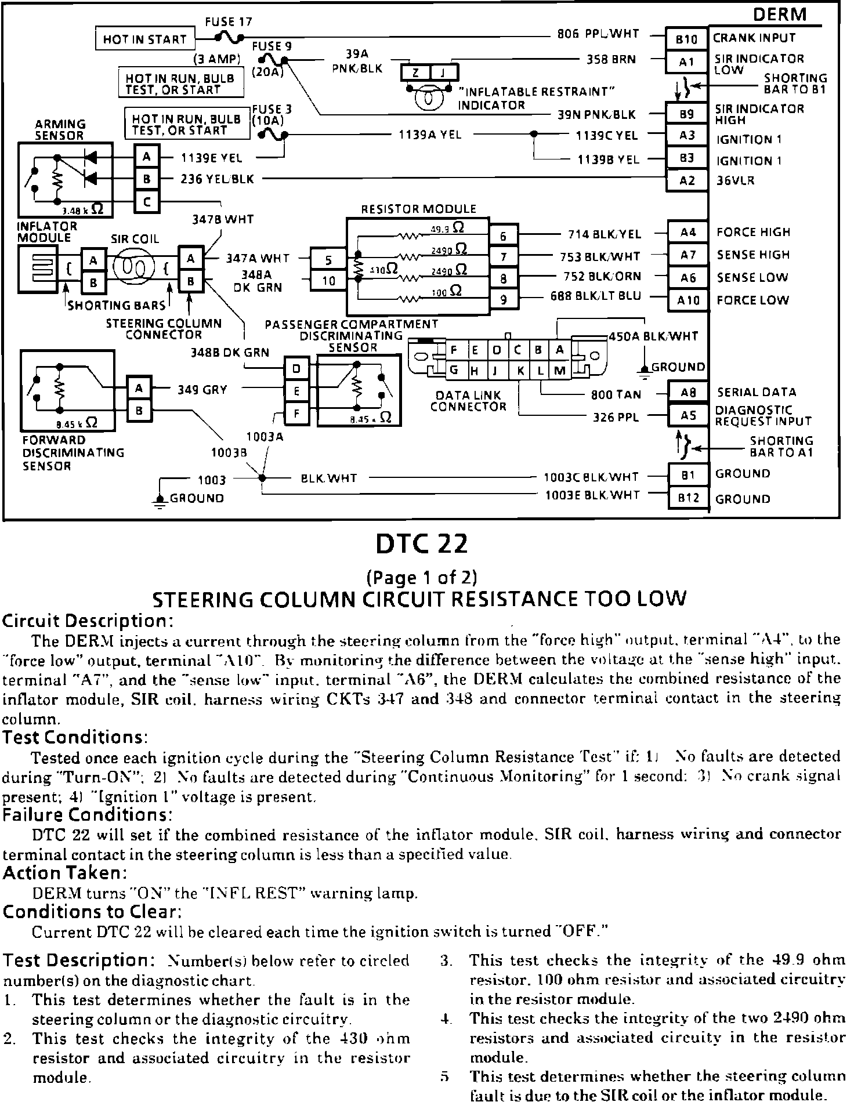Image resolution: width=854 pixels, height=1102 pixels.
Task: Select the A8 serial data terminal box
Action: pos(688,393)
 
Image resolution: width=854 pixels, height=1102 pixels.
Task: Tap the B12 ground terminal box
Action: pos(688,498)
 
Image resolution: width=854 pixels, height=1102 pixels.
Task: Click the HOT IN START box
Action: pos(144,39)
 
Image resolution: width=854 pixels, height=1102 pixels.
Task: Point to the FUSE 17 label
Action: pos(229,22)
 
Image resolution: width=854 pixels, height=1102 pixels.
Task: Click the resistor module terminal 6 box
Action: pos(503,236)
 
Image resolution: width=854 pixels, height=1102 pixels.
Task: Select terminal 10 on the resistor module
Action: pos(328,281)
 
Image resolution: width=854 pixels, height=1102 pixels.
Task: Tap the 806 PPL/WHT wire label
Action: pos(598,34)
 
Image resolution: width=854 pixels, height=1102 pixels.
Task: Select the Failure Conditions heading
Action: pos(88,815)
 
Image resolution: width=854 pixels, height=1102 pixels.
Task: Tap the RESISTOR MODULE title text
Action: pos(418,209)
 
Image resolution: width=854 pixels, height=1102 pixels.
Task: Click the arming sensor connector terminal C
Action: pos(147,201)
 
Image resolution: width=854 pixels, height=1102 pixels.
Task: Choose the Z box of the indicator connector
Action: pos(416,72)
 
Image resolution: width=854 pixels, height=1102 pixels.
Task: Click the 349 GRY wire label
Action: pos(202,390)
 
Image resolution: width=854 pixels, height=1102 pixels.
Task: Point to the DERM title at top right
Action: pos(780,14)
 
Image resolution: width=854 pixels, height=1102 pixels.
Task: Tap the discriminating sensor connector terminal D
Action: pos(296,368)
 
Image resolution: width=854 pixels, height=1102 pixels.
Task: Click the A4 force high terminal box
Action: pos(688,233)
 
